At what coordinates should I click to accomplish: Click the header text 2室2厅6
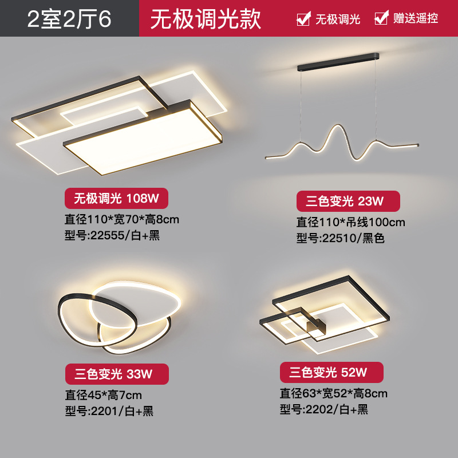pyautogui.click(x=69, y=18)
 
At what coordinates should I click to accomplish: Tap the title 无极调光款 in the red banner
pyautogui.click(x=206, y=18)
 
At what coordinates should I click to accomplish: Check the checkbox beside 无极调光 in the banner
pyautogui.click(x=303, y=18)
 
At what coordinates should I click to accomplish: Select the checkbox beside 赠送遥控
pyautogui.click(x=381, y=18)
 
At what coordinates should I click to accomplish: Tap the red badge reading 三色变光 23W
pyautogui.click(x=348, y=201)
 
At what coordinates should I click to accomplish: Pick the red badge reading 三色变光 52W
pyautogui.click(x=331, y=373)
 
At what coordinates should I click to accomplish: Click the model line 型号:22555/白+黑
pyautogui.click(x=113, y=235)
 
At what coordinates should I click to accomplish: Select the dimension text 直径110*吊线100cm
pyautogui.click(x=350, y=222)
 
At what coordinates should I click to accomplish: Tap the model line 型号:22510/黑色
pyautogui.click(x=340, y=238)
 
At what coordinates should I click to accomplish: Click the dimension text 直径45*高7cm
pyautogui.click(x=103, y=394)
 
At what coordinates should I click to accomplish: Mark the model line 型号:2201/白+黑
pyautogui.click(x=109, y=411)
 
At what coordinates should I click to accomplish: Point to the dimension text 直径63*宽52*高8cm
pyautogui.click(x=333, y=393)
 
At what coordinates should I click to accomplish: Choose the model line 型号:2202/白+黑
pyautogui.click(x=323, y=409)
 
